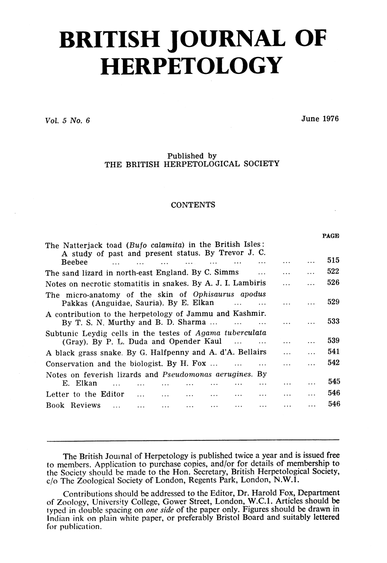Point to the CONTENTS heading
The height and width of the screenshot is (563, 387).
coord(193,205)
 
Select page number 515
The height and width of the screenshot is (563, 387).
coord(333,261)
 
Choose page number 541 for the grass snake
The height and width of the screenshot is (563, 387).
coord(333,352)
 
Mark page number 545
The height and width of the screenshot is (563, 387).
coord(333,382)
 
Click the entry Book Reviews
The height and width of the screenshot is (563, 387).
coord(73,406)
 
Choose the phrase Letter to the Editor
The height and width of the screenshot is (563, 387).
coord(85,394)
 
